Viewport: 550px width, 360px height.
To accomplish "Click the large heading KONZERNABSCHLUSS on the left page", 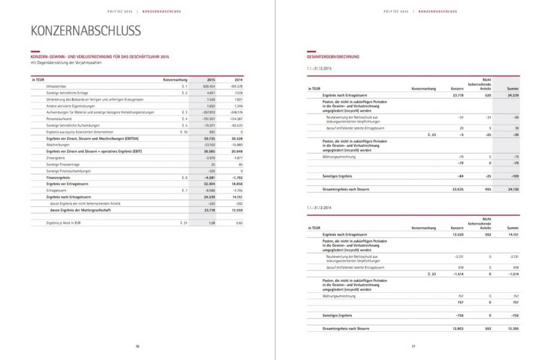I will [x=86, y=31].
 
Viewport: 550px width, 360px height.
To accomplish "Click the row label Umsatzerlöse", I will [x=56, y=86].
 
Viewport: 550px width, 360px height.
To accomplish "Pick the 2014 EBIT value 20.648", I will [x=236, y=151].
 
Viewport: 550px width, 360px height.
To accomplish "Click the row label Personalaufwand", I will [x=57, y=118].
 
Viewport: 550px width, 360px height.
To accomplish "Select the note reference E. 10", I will [x=183, y=132].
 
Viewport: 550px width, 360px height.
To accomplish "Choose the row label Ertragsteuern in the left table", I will [x=56, y=190].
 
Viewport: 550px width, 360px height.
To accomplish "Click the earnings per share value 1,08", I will [x=211, y=222].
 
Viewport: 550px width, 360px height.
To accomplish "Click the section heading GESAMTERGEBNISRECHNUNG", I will [x=333, y=56].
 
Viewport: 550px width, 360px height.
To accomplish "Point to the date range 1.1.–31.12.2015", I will [x=319, y=69].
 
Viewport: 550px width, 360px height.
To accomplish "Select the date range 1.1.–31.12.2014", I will [x=319, y=207].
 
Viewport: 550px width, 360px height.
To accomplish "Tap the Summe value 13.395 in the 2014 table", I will [x=512, y=328].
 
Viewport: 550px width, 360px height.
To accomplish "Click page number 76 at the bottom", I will [x=137, y=347].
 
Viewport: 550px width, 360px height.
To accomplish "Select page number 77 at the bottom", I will [x=413, y=347].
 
